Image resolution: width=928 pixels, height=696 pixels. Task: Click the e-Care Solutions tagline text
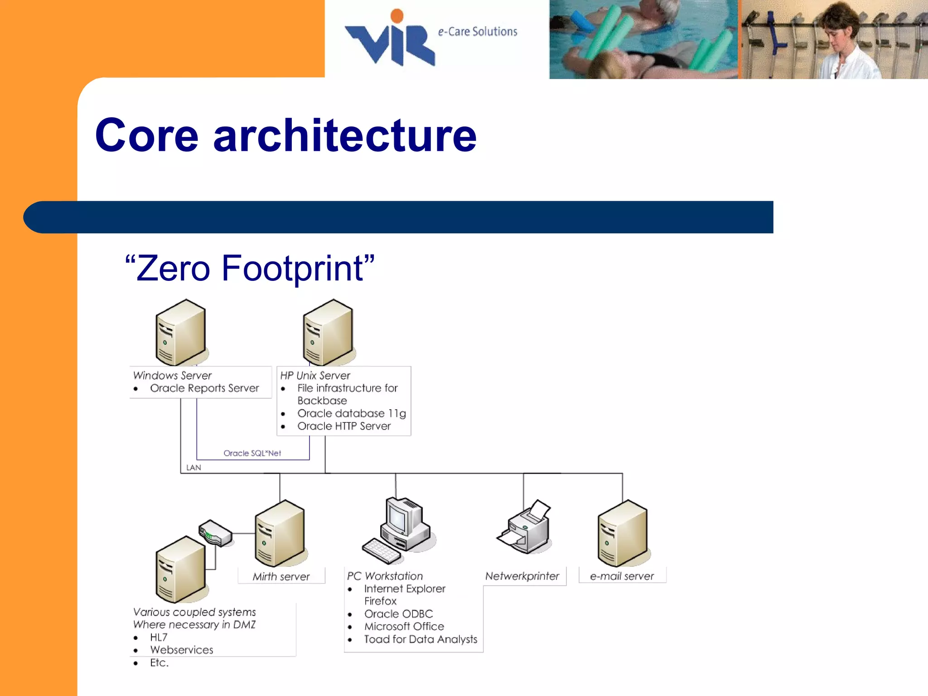click(x=477, y=32)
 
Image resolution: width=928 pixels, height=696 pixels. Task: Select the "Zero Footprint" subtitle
click(x=250, y=268)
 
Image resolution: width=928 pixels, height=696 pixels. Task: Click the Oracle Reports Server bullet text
click(x=204, y=388)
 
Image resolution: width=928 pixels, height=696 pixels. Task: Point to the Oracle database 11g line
click(x=351, y=414)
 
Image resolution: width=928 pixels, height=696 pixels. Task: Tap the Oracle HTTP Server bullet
click(x=343, y=426)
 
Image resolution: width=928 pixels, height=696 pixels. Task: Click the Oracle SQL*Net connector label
click(x=252, y=453)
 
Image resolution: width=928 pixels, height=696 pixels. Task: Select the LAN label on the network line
click(x=193, y=468)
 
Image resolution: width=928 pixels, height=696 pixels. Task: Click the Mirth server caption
click(x=281, y=577)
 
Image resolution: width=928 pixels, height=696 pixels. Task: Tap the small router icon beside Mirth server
click(x=216, y=533)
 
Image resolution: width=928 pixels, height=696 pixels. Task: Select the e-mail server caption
click(x=622, y=576)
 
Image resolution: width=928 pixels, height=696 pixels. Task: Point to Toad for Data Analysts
click(x=420, y=639)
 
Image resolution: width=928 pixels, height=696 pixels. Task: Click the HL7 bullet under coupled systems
click(x=159, y=638)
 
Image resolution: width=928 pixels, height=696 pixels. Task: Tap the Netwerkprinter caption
click(x=522, y=576)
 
